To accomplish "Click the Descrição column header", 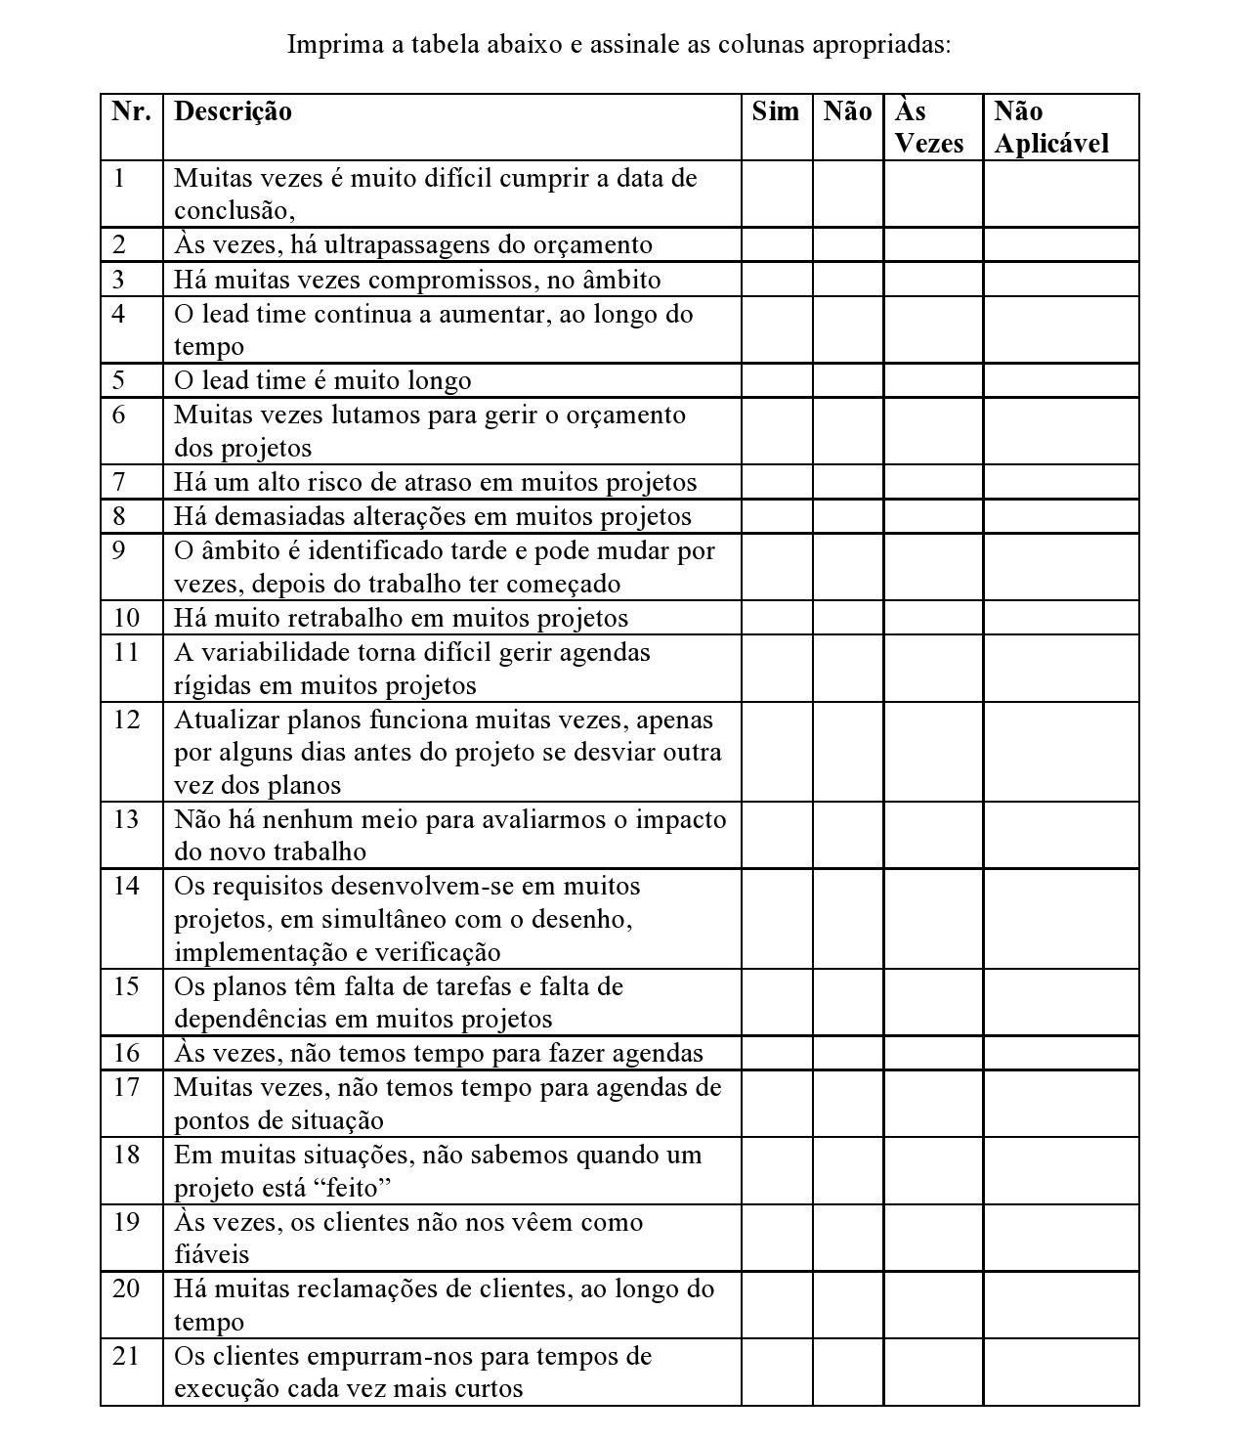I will pos(233,111).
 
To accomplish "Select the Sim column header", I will pos(776,111).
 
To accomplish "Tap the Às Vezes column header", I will pos(928,127).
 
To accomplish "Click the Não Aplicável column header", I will pos(1051,127).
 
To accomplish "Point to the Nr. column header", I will pos(132,111).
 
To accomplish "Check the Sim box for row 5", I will pos(777,380).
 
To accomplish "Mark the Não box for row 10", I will pos(847,618).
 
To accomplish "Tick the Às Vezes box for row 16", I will pos(933,1053).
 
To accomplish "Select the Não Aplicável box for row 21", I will pos(1061,1373).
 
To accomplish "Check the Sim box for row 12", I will pos(777,752).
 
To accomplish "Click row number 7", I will pos(119,482).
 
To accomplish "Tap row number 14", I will pos(127,886).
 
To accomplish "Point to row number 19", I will pos(127,1222).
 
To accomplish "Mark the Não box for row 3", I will pos(847,280).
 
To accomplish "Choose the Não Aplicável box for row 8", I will pos(1061,516).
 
